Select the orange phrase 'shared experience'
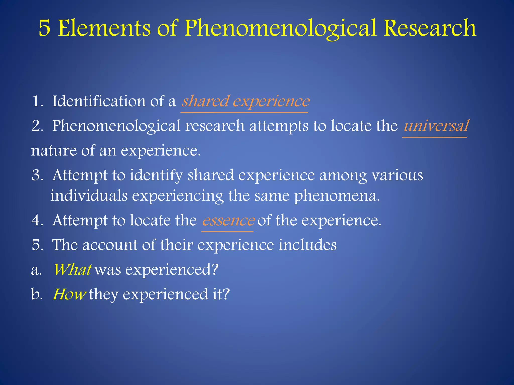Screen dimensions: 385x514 click(245, 102)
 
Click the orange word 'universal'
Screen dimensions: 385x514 click(436, 126)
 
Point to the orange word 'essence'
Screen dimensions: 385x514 click(228, 221)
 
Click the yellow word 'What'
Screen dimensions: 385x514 click(72, 270)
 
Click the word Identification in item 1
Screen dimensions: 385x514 click(99, 102)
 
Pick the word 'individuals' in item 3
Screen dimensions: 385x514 click(89, 196)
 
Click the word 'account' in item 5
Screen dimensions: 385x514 click(110, 245)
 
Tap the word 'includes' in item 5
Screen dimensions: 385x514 click(307, 245)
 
